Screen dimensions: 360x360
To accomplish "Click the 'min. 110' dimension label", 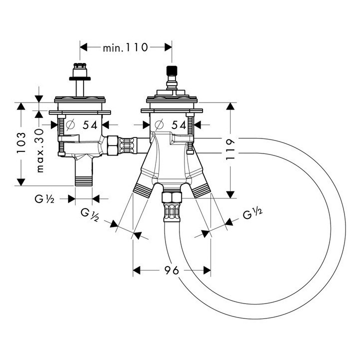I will tap(125, 47).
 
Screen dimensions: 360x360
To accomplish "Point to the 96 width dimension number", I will tap(171, 270).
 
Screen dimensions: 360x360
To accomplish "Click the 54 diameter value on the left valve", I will tap(90, 125).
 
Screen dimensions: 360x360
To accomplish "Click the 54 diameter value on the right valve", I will tap(179, 125).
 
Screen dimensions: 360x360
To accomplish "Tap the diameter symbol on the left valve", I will tap(70, 125).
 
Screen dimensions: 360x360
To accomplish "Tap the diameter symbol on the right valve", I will tap(159, 125).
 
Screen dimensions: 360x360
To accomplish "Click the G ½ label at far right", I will tap(253, 215).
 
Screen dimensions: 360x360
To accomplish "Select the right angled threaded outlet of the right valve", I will tap(201, 189).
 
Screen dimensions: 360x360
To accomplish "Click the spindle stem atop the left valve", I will tap(80, 85).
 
